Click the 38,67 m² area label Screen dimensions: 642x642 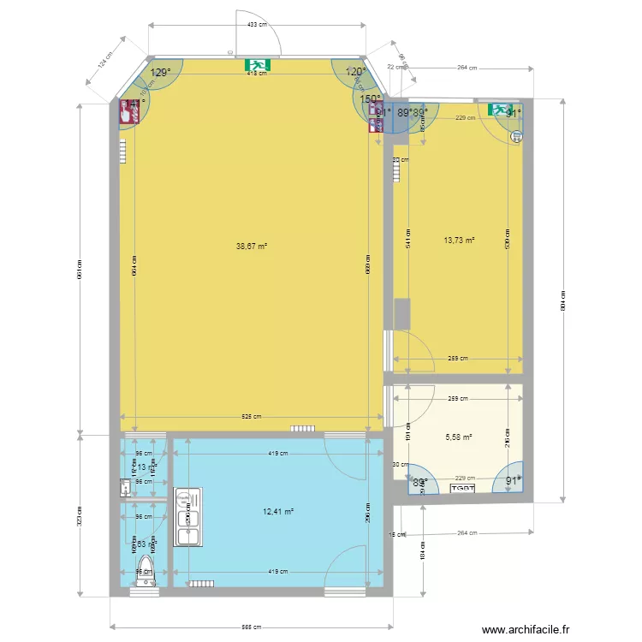pos(252,246)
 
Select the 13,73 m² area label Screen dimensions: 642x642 pos(459,241)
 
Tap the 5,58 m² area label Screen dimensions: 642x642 pos(459,437)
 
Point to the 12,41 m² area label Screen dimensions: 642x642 pos(278,511)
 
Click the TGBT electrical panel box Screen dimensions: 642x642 pos(464,488)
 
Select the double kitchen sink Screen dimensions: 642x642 pos(187,516)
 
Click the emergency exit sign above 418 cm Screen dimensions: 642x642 pos(257,64)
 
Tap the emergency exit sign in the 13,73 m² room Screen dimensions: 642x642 pos(498,110)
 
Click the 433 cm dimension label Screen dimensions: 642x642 pos(253,24)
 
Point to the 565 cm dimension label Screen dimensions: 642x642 pos(251,628)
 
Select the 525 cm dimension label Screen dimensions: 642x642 pos(251,417)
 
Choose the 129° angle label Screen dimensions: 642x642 pos(160,73)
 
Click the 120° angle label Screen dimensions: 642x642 pos(355,72)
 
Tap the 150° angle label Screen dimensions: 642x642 pos(370,99)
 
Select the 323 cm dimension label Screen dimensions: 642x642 pos(80,514)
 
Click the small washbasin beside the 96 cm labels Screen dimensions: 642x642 pos(125,487)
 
